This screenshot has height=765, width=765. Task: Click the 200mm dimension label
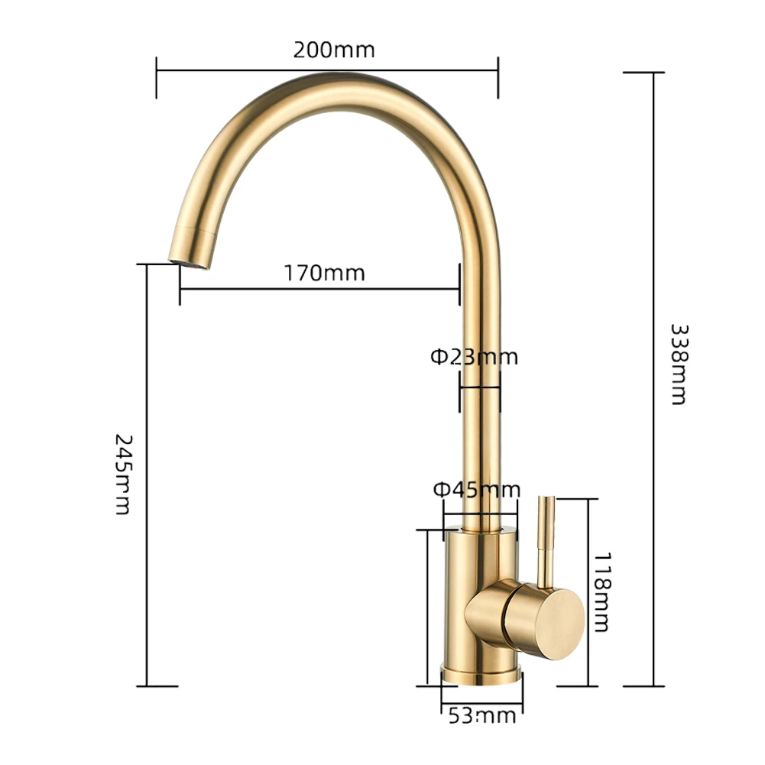coord(334,50)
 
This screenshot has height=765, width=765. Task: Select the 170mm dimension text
coord(325,273)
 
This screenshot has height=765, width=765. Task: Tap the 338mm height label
coord(679,363)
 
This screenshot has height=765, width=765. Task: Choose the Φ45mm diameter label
coord(477,489)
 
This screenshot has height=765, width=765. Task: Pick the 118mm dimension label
coord(601,592)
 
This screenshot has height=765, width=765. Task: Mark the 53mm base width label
coord(481,716)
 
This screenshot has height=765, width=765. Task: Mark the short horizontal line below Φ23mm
coord(479,387)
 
